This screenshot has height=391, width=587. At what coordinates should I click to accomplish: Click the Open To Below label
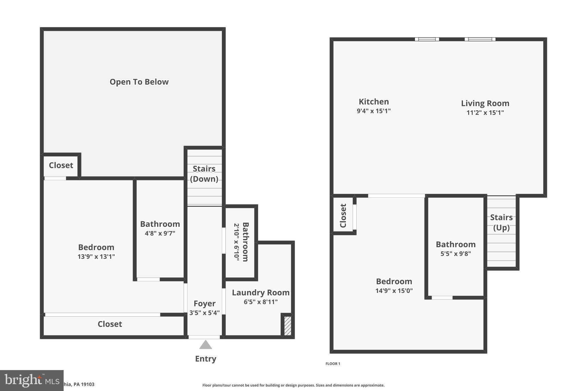click(139, 82)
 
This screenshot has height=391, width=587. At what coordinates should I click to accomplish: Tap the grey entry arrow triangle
click(206, 345)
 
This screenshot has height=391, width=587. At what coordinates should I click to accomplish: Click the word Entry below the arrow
click(206, 359)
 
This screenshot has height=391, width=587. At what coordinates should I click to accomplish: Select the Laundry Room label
click(261, 292)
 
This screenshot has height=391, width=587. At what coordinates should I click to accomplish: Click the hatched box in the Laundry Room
click(287, 325)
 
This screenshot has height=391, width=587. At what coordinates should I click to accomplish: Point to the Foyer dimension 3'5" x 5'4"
click(204, 313)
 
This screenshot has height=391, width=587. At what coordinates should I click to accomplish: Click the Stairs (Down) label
click(204, 174)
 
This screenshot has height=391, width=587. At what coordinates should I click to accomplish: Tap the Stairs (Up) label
click(501, 222)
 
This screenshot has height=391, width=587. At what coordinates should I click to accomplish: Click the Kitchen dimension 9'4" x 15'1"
click(373, 111)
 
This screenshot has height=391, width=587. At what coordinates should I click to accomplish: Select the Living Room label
click(485, 103)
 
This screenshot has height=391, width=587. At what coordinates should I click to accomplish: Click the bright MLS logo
click(32, 380)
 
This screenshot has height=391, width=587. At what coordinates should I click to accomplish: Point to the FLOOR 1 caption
click(333, 364)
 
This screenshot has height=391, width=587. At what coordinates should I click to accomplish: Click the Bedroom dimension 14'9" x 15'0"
click(394, 291)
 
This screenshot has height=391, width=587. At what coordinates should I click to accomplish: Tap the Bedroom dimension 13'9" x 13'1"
click(96, 256)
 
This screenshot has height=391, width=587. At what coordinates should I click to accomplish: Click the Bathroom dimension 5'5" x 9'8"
click(455, 254)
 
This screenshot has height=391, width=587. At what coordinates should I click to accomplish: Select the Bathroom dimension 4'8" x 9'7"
click(160, 233)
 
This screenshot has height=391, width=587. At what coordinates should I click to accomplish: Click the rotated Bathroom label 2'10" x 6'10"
click(241, 242)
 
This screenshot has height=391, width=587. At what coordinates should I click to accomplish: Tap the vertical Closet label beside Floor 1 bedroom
click(343, 215)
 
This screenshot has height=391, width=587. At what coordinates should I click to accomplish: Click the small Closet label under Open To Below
click(61, 165)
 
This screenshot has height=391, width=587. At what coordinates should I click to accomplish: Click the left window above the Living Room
click(427, 39)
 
